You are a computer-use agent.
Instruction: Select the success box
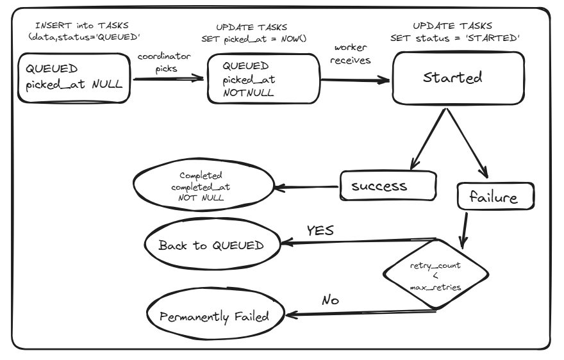(x=388, y=186)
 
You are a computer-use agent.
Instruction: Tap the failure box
(x=496, y=197)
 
